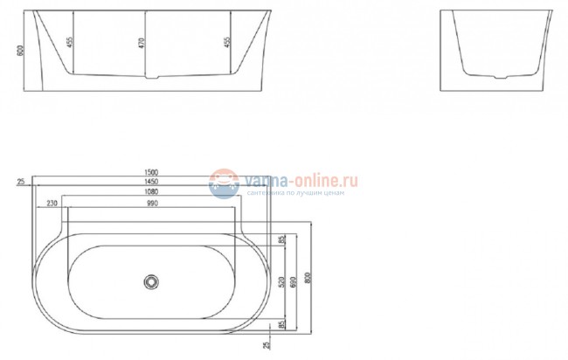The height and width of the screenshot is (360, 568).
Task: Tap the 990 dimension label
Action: (153, 203)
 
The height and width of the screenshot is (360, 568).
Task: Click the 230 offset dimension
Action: (52, 203)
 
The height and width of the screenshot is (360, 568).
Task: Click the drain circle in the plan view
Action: (152, 281)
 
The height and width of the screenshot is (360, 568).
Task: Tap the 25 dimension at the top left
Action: (19, 182)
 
